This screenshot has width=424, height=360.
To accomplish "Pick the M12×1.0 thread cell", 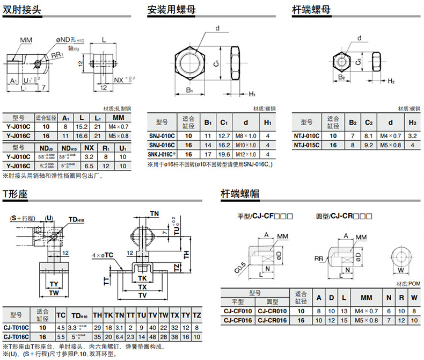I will [246, 155].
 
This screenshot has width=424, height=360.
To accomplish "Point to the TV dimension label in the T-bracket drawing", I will [142, 295].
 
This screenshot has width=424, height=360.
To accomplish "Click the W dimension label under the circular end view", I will [401, 271].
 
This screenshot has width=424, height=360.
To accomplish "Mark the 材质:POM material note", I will [406, 283].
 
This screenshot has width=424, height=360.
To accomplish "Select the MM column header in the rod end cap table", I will [366, 298].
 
